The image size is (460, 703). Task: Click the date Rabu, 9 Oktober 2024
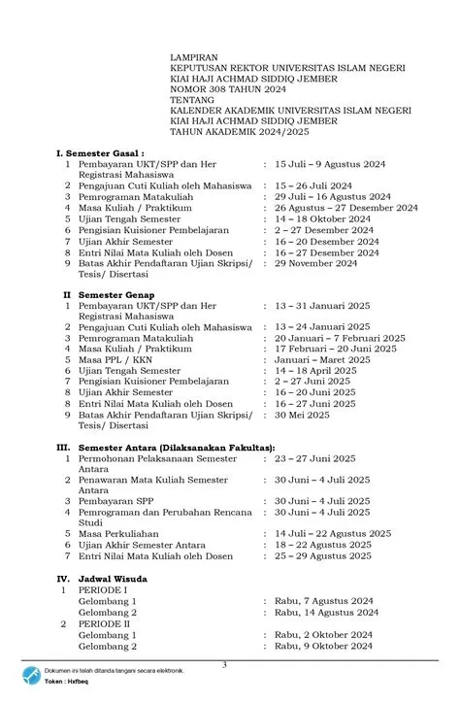pyautogui.click(x=323, y=645)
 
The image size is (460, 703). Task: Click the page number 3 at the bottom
pyautogui.click(x=224, y=664)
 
